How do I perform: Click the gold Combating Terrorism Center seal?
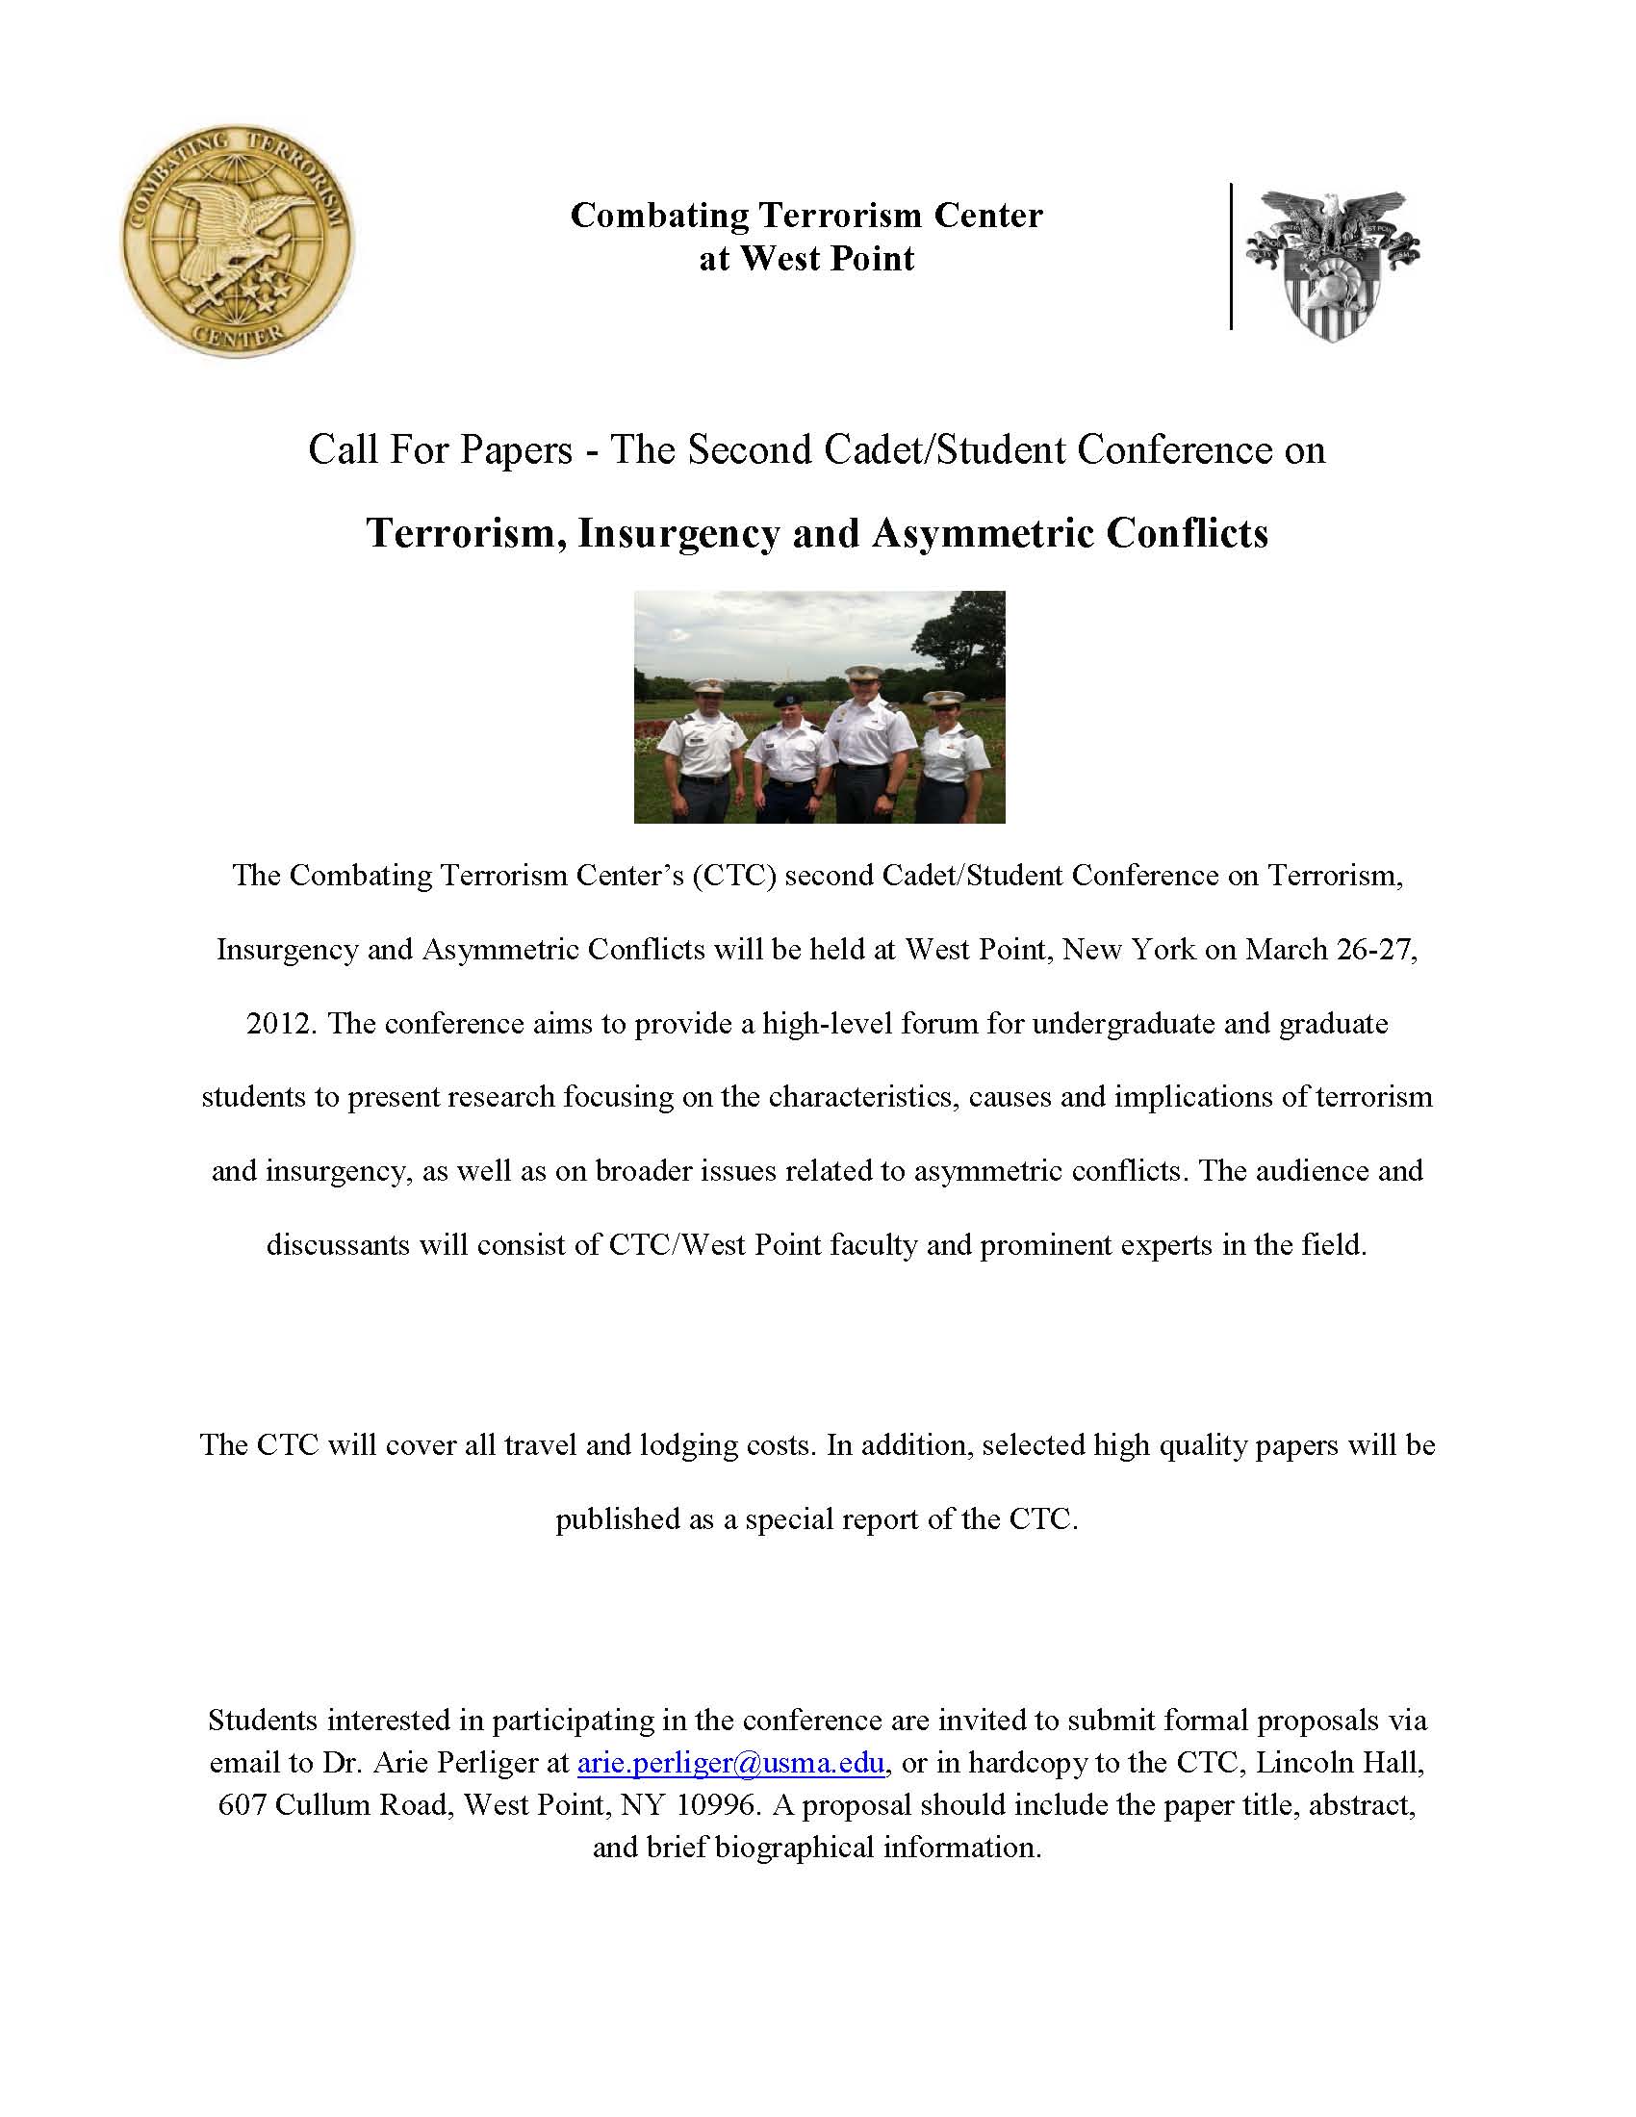[237, 240]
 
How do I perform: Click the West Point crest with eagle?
[1333, 264]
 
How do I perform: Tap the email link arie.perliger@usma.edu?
[730, 1763]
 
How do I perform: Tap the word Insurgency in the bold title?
[678, 534]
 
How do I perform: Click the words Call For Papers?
[440, 450]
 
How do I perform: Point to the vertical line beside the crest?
[1231, 257]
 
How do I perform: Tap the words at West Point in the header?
[806, 259]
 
